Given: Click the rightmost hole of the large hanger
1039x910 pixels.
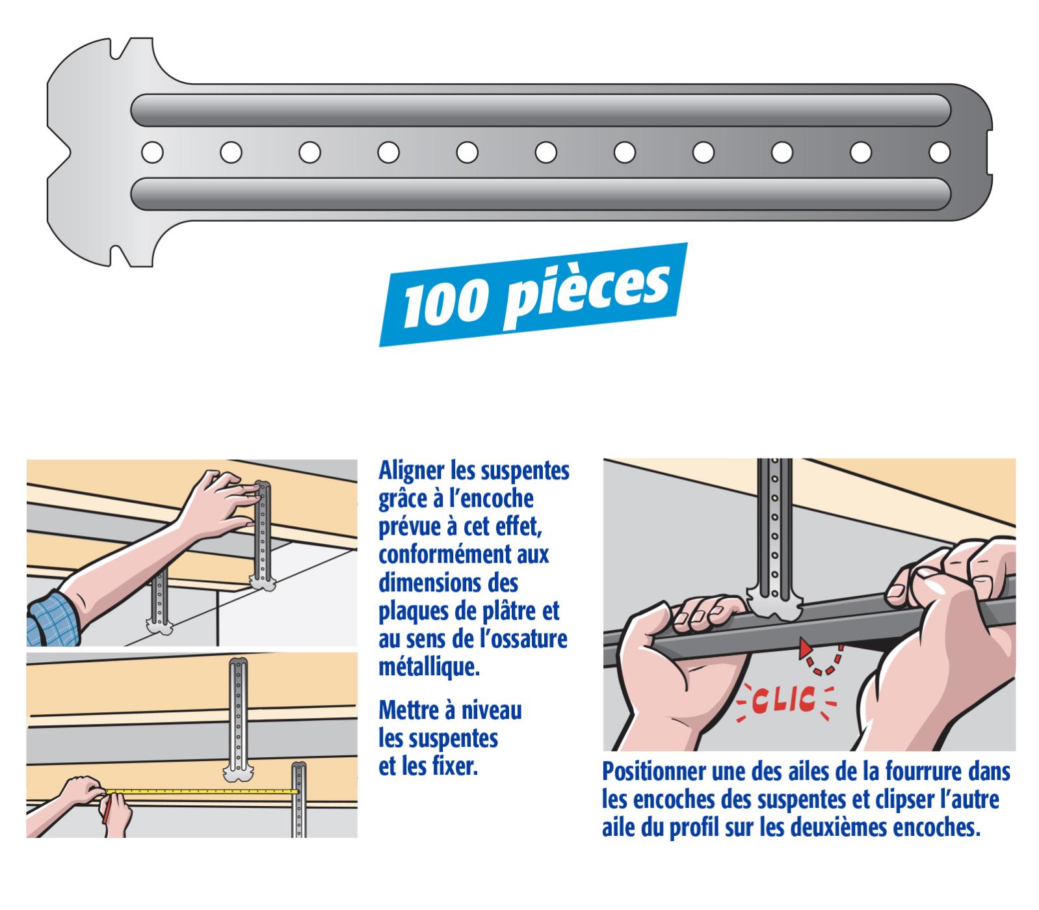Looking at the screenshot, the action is (x=939, y=152).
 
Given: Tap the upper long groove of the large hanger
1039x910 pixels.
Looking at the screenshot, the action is (x=540, y=111).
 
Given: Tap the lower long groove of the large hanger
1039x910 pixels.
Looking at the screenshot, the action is (x=540, y=194).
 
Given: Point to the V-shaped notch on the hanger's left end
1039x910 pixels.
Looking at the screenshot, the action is (x=62, y=152).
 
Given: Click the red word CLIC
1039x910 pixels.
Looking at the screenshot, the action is (x=785, y=700).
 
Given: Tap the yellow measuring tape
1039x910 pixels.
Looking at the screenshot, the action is (x=202, y=792).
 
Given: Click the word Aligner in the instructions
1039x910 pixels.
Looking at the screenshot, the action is (x=411, y=471).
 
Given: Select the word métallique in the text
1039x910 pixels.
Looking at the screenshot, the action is (x=429, y=667).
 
